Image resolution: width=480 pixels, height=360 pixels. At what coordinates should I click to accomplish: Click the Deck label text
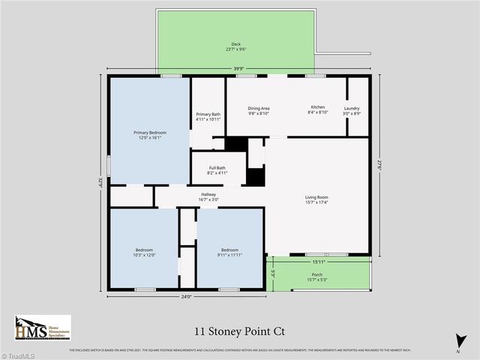point(236,46)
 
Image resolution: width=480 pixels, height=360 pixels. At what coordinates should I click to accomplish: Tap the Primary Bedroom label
point(150,135)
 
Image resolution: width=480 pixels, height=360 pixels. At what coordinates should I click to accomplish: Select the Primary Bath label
point(208,116)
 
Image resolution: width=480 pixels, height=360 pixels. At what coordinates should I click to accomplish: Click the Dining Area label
point(259,110)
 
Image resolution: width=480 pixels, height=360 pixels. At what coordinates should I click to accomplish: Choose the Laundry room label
point(352,110)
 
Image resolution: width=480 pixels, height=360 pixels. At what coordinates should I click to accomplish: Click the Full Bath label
point(217,170)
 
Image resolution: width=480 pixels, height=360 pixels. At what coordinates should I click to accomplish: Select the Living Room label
point(317,199)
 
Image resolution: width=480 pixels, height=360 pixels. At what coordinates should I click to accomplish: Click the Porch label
point(317,277)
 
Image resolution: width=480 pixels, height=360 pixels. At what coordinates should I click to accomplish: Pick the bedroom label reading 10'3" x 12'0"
point(144,252)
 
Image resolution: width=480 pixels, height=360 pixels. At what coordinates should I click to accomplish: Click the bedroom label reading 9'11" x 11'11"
point(229,252)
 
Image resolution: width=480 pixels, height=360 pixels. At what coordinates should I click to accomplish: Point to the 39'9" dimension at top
point(238,69)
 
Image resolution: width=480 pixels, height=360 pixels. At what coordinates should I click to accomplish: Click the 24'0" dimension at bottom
point(185,297)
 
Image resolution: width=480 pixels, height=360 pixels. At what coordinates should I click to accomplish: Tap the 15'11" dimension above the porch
point(318,262)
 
